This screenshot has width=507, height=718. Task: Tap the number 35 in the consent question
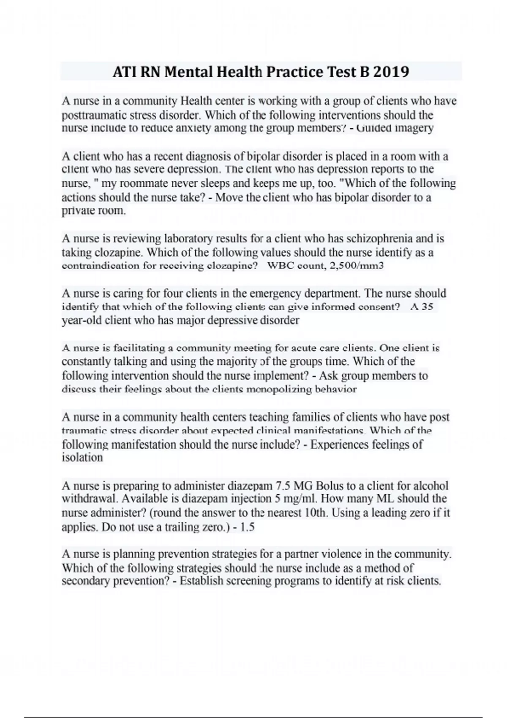(427, 307)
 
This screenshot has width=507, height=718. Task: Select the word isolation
(82, 458)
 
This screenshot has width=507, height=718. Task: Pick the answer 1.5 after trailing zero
(247, 527)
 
